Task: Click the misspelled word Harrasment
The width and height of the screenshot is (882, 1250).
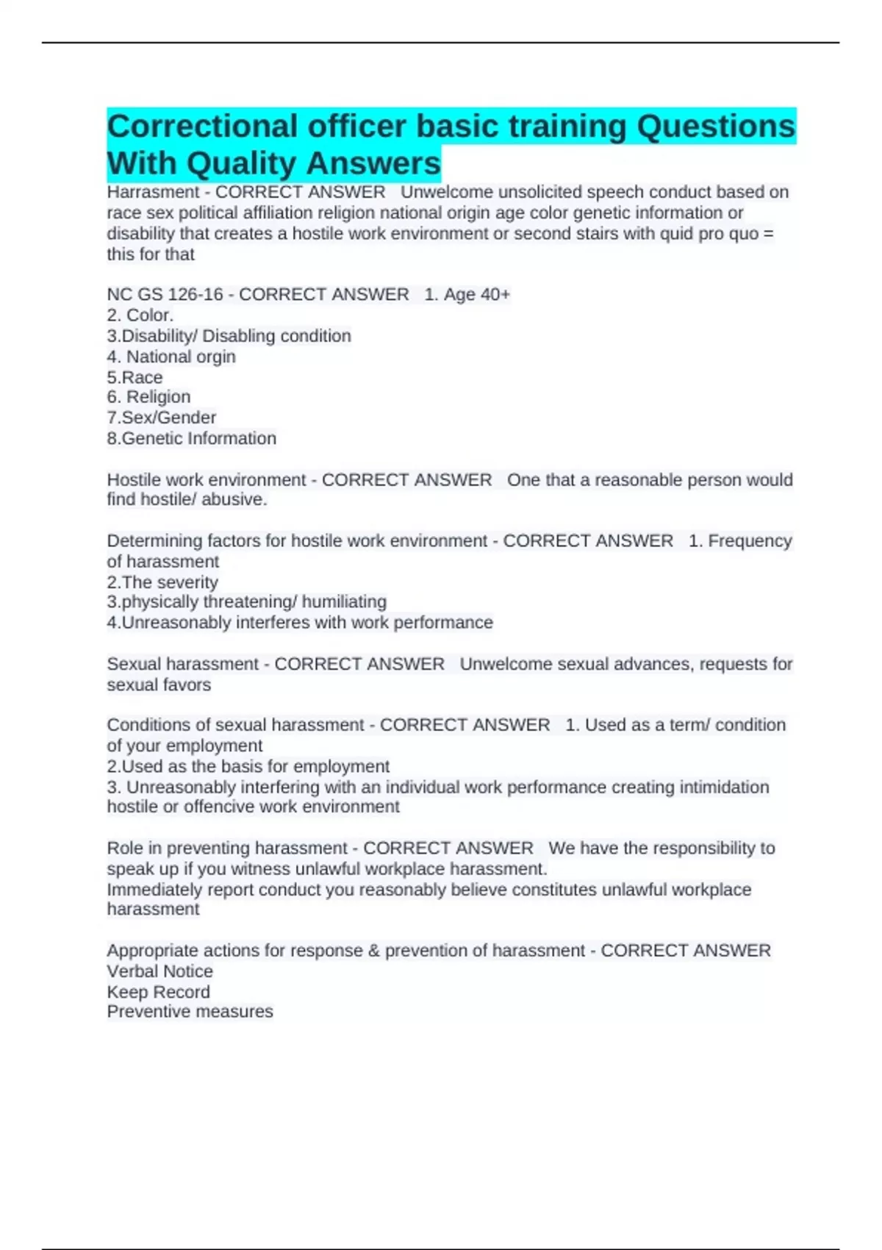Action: point(153,192)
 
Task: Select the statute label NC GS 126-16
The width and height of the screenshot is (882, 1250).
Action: point(165,294)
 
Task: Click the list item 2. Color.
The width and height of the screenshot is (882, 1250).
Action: point(140,315)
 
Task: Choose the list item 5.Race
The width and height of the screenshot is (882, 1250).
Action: point(135,377)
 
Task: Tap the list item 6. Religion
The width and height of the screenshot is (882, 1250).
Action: point(148,397)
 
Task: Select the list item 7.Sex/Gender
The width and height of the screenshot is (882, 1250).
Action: point(162,418)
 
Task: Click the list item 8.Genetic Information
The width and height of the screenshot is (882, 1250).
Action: point(192,438)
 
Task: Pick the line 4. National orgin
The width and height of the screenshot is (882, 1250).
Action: point(171,357)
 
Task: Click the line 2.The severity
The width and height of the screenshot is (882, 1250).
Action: point(162,582)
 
